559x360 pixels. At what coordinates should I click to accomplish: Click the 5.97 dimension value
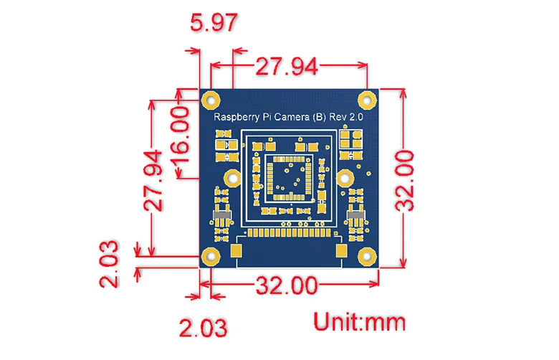tap(213, 24)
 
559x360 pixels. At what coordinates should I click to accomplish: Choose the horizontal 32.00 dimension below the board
tap(286, 285)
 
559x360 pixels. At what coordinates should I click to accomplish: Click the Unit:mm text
tap(358, 321)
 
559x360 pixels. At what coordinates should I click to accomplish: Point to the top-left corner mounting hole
tap(209, 98)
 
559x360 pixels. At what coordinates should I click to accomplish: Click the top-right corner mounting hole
tap(370, 98)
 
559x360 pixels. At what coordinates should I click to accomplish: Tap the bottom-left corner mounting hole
tap(209, 255)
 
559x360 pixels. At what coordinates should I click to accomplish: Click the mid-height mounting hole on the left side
tap(231, 178)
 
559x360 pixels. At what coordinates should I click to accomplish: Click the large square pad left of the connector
tap(237, 251)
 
